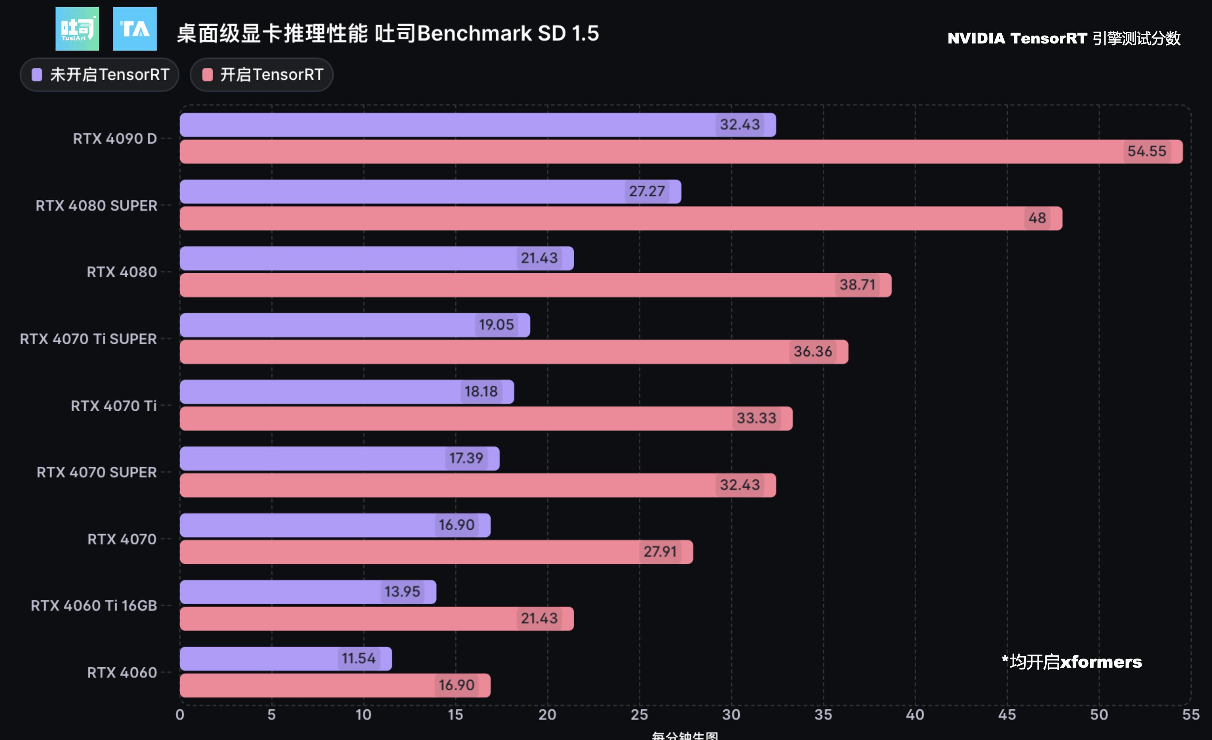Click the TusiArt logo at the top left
77,28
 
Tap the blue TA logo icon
134,28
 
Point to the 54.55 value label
1146,151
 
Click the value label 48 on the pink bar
1037,218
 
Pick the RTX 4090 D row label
115,139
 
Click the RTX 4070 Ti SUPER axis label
88,339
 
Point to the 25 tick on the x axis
639,715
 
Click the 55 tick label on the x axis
1190,715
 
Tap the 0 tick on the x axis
180,715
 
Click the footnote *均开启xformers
1071,662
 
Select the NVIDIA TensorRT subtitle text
1064,38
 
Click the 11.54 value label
359,658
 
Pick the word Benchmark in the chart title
474,33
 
